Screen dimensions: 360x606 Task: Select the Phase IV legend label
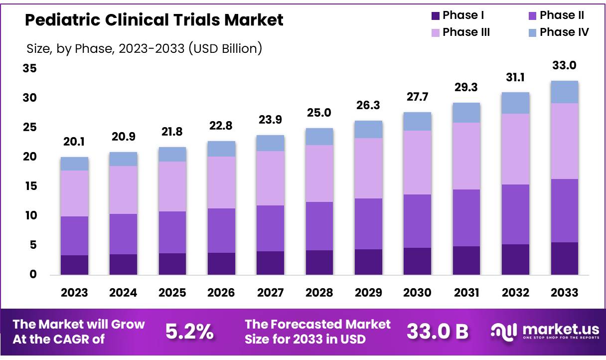pyautogui.click(x=564, y=32)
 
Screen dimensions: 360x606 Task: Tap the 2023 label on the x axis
pyautogui.click(x=74, y=293)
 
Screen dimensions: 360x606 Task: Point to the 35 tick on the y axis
pyautogui.click(x=29, y=68)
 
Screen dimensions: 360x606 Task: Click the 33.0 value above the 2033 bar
pyautogui.click(x=564, y=65)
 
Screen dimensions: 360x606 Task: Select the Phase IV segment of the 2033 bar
pyautogui.click(x=564, y=92)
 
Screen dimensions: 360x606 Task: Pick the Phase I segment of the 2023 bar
pyautogui.click(x=74, y=265)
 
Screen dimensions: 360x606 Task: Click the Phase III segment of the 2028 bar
pyautogui.click(x=319, y=174)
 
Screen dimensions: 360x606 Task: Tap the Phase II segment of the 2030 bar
pyautogui.click(x=417, y=221)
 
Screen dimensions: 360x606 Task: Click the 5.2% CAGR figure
pyautogui.click(x=189, y=331)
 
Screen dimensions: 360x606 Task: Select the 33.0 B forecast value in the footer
pyautogui.click(x=438, y=331)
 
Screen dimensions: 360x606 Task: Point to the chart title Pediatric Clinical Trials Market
pyautogui.click(x=154, y=20)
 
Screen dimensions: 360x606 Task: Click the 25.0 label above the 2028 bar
pyautogui.click(x=319, y=113)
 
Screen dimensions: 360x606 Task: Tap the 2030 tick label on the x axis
pyautogui.click(x=417, y=293)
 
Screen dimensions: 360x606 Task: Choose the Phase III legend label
pyautogui.click(x=466, y=32)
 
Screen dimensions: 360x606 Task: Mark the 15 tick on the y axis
pyautogui.click(x=29, y=186)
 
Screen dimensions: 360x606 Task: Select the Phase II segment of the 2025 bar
pyautogui.click(x=172, y=232)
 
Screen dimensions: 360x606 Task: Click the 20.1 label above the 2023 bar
pyautogui.click(x=74, y=143)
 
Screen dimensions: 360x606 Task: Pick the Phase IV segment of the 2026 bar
pyautogui.click(x=221, y=149)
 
